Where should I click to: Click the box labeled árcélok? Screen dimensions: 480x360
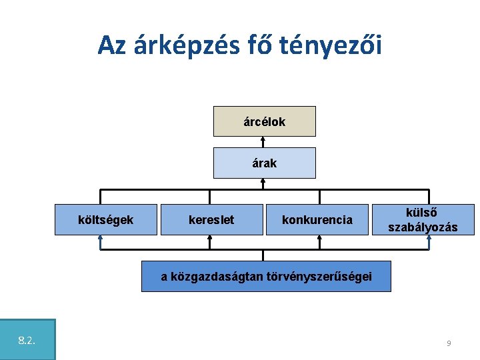tap(264, 121)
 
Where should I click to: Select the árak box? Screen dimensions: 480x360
tap(264, 163)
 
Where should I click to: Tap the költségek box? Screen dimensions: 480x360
tap(105, 219)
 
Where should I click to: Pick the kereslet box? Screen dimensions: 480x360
tap(211, 219)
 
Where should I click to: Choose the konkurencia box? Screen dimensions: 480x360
tap(317, 219)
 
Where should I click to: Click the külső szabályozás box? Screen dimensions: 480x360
tap(423, 219)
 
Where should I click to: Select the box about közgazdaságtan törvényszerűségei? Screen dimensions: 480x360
tap(266, 277)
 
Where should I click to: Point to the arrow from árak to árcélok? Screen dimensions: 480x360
tap(264, 142)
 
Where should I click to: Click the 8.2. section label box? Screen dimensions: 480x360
tap(27, 340)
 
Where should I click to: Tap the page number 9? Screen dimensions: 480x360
tap(449, 343)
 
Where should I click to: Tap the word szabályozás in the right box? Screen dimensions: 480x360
tap(423, 227)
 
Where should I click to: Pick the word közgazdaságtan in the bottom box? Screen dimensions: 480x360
tap(212, 277)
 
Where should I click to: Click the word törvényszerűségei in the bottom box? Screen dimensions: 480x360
tap(319, 277)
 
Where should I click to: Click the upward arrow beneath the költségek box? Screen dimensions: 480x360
tap(101, 241)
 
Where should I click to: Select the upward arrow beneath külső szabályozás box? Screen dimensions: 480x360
tap(429, 241)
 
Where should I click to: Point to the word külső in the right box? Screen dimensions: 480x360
tap(423, 212)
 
